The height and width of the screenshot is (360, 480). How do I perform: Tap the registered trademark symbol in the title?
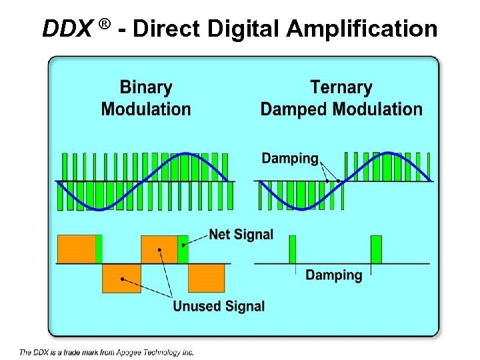click(105, 25)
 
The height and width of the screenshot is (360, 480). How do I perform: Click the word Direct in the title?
click(171, 29)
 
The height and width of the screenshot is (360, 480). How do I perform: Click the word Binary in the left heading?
click(145, 87)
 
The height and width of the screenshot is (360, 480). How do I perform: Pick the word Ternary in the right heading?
click(341, 87)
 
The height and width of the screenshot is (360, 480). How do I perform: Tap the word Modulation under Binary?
click(145, 109)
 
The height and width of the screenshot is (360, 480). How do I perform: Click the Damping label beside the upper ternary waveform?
click(290, 158)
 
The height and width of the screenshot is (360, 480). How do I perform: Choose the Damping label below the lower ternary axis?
click(333, 275)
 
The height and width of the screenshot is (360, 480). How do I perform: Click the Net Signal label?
click(241, 235)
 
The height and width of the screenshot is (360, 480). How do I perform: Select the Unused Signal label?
click(219, 306)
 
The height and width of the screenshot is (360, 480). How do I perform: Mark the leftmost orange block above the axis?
click(76, 249)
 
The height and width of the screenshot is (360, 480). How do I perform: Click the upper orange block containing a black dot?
click(159, 249)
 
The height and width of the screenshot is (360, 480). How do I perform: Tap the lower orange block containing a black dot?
click(121, 278)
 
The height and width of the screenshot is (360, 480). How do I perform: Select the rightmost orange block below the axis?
click(206, 278)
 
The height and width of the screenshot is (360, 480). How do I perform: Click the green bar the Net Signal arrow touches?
click(183, 249)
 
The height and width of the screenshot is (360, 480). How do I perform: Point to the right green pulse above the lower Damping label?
click(376, 249)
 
